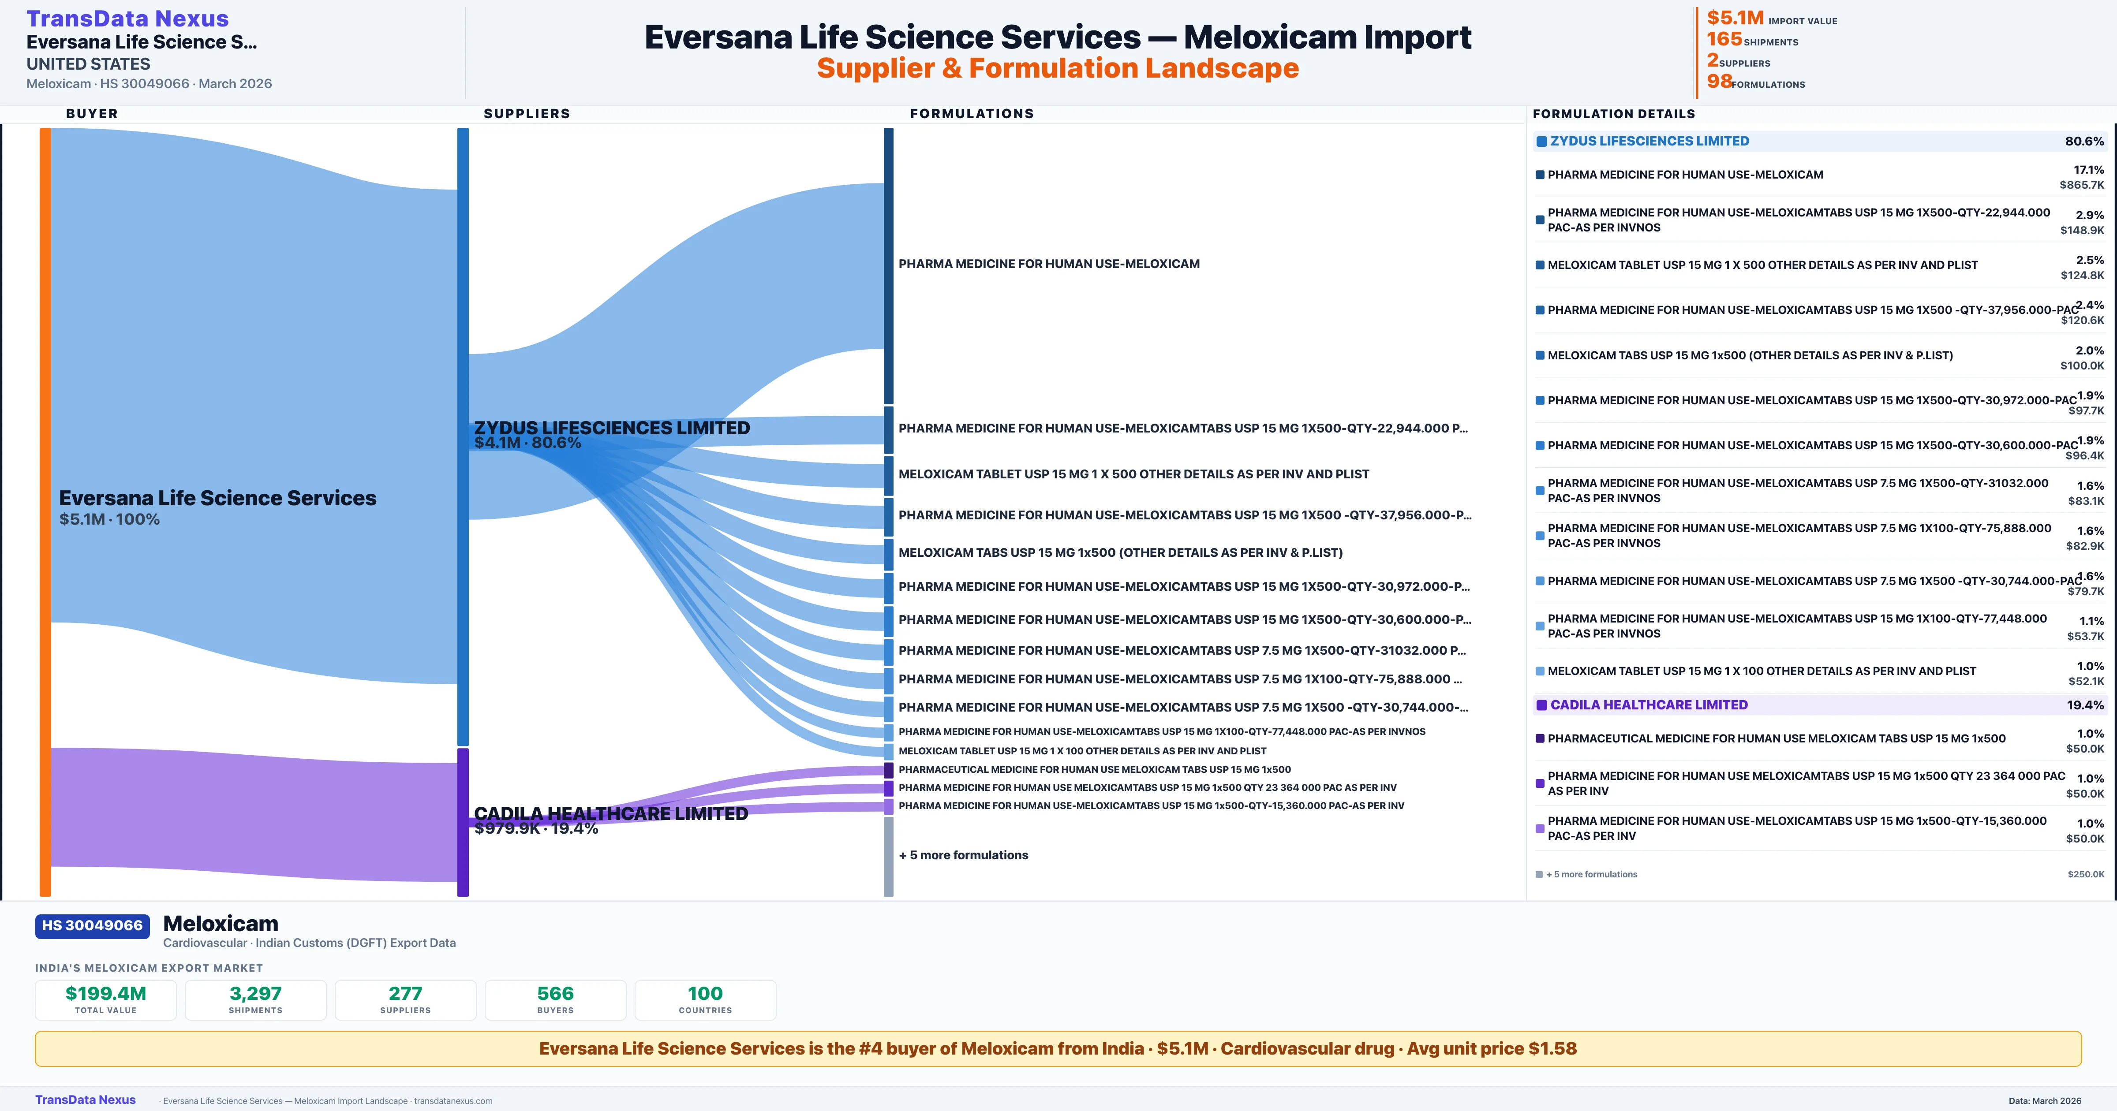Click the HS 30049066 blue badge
click(x=92, y=925)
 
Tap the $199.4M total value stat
click(x=106, y=993)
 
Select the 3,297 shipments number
click(x=256, y=993)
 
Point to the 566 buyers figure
click(x=556, y=993)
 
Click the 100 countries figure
click(x=705, y=993)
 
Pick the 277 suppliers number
click(x=405, y=993)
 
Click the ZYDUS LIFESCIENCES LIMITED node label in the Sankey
click(x=611, y=428)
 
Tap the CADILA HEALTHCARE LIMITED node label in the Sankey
click(x=610, y=813)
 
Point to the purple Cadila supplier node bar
click(x=463, y=822)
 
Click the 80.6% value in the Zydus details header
click(x=2084, y=142)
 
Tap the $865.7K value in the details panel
click(x=2082, y=185)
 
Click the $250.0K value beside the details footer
click(x=2086, y=874)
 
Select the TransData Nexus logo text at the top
click(x=127, y=18)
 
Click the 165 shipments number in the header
click(x=1724, y=39)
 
